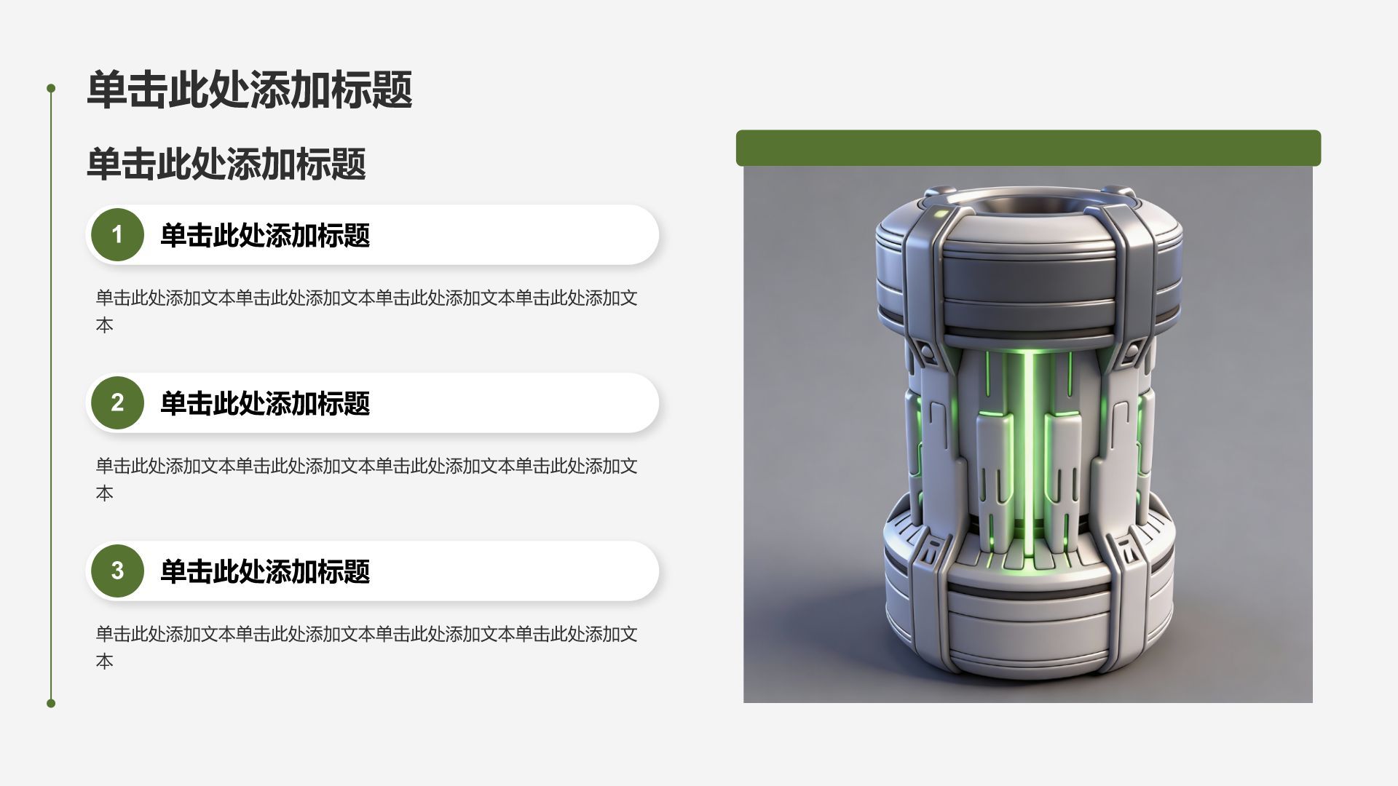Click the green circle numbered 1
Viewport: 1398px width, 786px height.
click(x=117, y=234)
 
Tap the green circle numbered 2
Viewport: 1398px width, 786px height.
click(x=117, y=402)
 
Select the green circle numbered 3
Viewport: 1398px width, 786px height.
click(x=117, y=571)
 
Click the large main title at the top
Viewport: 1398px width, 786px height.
click(x=250, y=90)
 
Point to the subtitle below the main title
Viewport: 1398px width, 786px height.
click(x=226, y=164)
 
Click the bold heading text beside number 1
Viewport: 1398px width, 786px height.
click(x=265, y=235)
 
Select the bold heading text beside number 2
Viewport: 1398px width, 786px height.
click(x=265, y=403)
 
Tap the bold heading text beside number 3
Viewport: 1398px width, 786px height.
click(x=265, y=571)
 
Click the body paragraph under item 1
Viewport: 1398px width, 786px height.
click(x=367, y=311)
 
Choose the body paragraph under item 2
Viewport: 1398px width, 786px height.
click(x=367, y=479)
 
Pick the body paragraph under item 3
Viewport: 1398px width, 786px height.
click(x=367, y=647)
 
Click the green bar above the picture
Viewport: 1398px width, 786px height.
click(x=1028, y=148)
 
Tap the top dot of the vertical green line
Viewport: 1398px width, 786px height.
click(x=51, y=88)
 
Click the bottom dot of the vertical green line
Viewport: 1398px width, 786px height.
click(x=51, y=703)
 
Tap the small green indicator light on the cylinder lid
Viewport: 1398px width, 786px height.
click(x=940, y=214)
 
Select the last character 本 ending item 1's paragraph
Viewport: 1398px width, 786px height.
click(x=104, y=325)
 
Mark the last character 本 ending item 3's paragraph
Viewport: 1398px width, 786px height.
click(x=104, y=662)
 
